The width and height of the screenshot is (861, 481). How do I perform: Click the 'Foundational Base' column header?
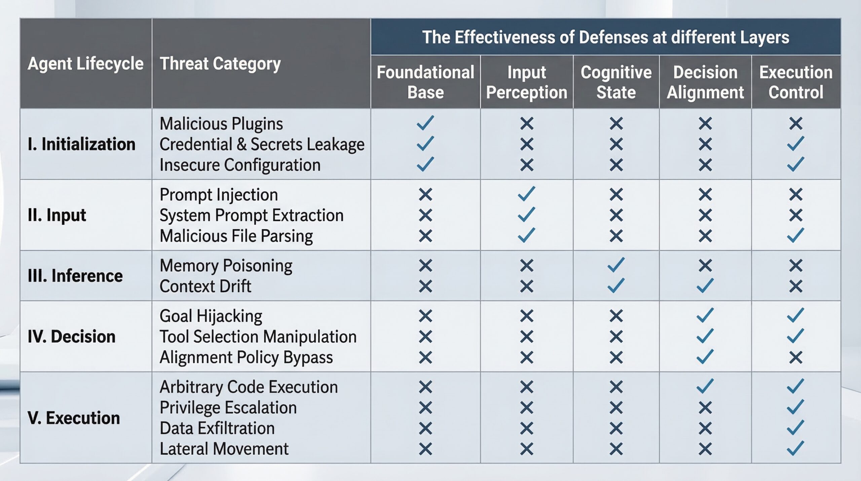pyautogui.click(x=425, y=82)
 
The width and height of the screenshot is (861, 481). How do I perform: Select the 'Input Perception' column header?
pyautogui.click(x=526, y=82)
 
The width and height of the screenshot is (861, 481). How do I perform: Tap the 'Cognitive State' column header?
pyautogui.click(x=616, y=82)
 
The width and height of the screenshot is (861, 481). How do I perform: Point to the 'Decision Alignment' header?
pyautogui.click(x=705, y=82)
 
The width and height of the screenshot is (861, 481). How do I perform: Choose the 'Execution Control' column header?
pyautogui.click(x=796, y=82)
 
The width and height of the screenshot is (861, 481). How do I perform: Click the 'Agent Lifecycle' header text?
pyautogui.click(x=85, y=64)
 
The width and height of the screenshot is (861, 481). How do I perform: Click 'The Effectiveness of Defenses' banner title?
pyautogui.click(x=605, y=37)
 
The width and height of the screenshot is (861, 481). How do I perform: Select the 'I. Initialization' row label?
pyautogui.click(x=81, y=144)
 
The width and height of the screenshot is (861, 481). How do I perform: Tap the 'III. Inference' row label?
pyautogui.click(x=75, y=276)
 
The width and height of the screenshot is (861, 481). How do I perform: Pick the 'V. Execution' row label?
pyautogui.click(x=74, y=418)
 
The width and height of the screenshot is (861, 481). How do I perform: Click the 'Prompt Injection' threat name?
pyautogui.click(x=219, y=195)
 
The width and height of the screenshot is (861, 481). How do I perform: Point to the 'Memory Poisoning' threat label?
pyautogui.click(x=226, y=266)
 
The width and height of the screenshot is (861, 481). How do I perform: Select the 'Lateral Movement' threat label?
pyautogui.click(x=224, y=449)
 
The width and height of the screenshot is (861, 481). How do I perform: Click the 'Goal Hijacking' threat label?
pyautogui.click(x=211, y=316)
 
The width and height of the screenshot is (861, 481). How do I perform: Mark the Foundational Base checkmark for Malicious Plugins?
pyautogui.click(x=425, y=123)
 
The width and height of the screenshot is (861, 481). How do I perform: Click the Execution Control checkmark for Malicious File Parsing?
pyautogui.click(x=796, y=235)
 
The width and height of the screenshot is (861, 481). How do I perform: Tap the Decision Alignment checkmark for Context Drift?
pyautogui.click(x=705, y=286)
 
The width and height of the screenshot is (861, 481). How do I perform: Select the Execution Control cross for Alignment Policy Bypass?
pyautogui.click(x=796, y=357)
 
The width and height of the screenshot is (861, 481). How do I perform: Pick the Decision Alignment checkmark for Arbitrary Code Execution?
pyautogui.click(x=705, y=386)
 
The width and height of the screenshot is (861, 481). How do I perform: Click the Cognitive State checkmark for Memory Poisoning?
pyautogui.click(x=616, y=265)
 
